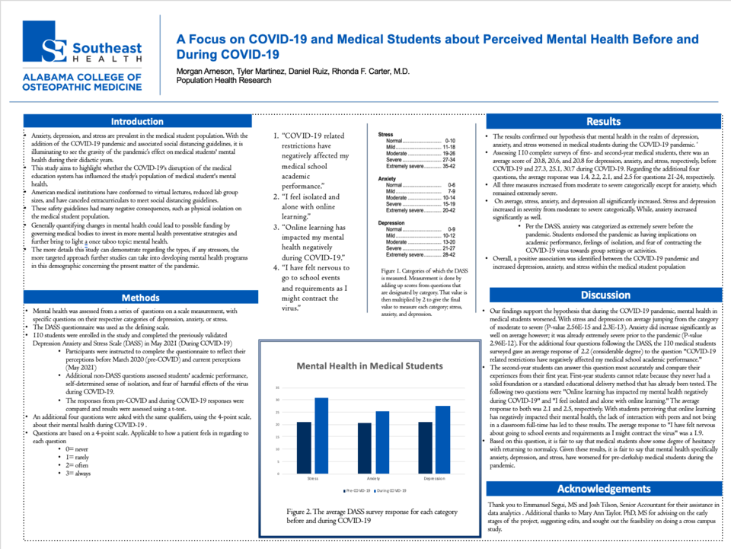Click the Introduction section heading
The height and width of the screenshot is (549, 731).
coord(137,122)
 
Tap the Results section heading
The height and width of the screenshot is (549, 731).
coord(604,122)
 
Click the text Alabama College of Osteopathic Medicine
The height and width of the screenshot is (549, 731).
coord(82,82)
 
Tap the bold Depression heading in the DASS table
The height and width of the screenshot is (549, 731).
coord(391,223)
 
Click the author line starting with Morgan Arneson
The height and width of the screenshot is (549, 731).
coord(293,72)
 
